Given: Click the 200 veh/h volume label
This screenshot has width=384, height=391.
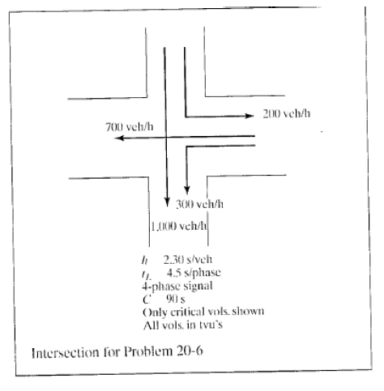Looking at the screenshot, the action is click(x=287, y=113).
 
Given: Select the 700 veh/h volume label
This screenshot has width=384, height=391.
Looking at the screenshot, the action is click(x=130, y=126).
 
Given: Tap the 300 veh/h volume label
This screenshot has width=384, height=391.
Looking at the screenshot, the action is click(x=199, y=204).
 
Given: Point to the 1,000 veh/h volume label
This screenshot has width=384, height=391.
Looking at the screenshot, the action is click(x=179, y=226).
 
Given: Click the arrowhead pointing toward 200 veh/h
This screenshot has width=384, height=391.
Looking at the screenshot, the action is click(x=250, y=116).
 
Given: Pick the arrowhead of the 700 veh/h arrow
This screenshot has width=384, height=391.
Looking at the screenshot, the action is click(x=119, y=138).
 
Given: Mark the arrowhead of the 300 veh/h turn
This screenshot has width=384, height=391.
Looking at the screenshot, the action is click(x=187, y=190).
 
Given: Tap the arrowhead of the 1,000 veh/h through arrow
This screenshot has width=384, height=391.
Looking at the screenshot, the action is click(x=167, y=202).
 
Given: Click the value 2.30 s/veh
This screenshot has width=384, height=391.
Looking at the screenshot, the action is click(x=188, y=260).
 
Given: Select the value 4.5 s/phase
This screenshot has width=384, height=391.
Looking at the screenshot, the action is click(x=194, y=273).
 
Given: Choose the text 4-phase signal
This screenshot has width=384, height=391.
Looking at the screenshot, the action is click(x=177, y=286).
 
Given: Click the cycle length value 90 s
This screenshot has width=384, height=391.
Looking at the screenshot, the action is click(x=176, y=299).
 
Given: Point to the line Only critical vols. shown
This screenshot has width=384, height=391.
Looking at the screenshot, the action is click(x=203, y=312).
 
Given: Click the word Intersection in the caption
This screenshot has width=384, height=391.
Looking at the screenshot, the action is click(x=65, y=353).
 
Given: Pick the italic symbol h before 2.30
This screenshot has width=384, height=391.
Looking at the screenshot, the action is click(x=145, y=260).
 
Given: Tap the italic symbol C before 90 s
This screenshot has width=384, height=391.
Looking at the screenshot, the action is click(x=147, y=300).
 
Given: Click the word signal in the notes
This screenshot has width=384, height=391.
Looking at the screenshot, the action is click(x=198, y=286).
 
